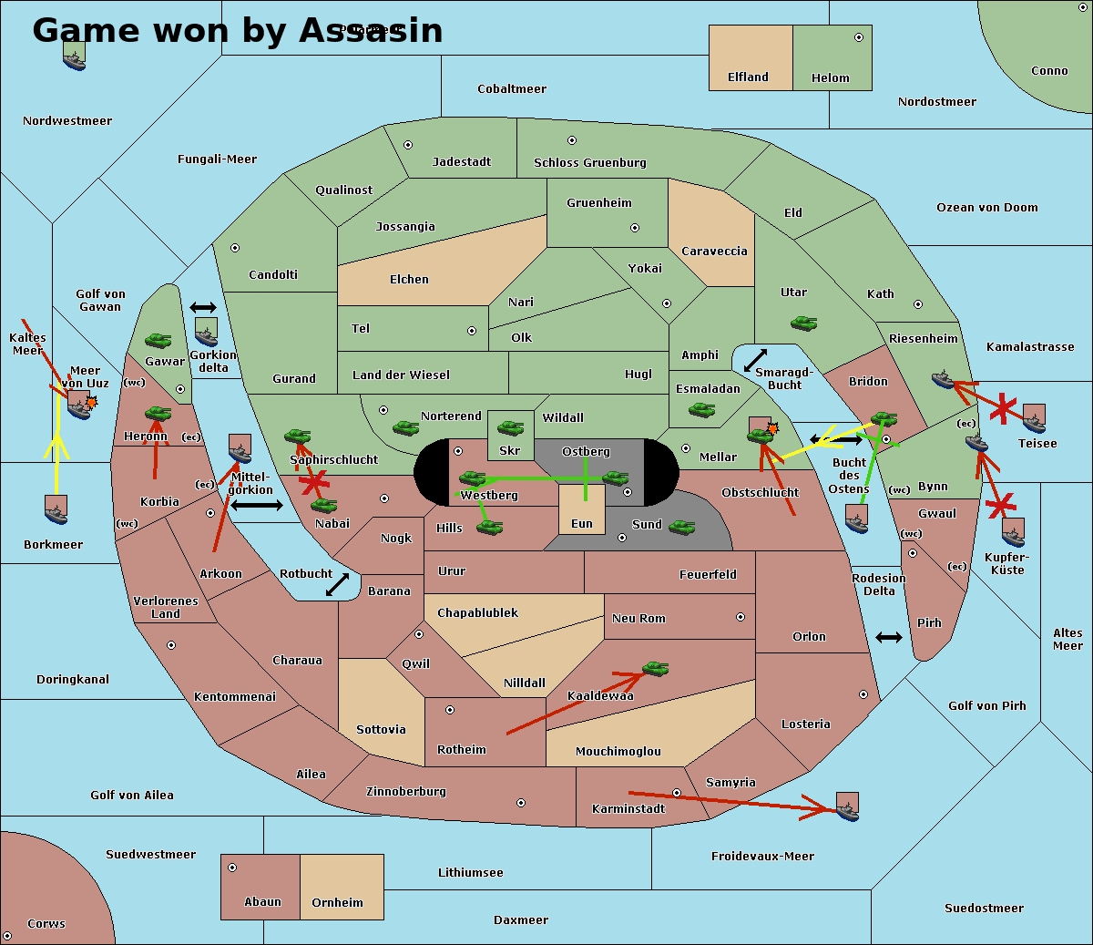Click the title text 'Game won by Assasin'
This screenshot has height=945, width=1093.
click(x=237, y=30)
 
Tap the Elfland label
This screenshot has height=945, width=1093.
click(x=748, y=77)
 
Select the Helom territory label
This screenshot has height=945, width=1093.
click(x=830, y=78)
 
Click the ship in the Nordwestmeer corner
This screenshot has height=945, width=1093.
click(x=74, y=56)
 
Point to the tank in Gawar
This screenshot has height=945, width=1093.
click(x=158, y=341)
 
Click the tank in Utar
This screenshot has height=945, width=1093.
click(x=803, y=323)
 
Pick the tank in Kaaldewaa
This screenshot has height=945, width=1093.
click(x=655, y=669)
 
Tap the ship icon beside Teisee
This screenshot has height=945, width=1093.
click(x=1034, y=417)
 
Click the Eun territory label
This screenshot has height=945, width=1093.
click(x=582, y=524)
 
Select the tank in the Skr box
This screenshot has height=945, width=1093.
click(x=510, y=426)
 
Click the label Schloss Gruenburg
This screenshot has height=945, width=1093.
click(x=590, y=163)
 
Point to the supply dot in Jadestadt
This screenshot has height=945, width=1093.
click(x=408, y=145)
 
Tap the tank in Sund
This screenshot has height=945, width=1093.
click(x=682, y=526)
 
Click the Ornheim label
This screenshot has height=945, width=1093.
click(x=337, y=903)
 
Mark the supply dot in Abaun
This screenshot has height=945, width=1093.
click(x=232, y=868)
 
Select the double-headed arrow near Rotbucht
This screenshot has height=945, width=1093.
click(x=338, y=584)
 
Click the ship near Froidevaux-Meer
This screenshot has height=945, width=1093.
click(x=847, y=806)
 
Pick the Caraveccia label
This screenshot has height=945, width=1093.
click(x=714, y=252)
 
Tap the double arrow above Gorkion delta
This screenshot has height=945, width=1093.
click(x=202, y=308)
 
